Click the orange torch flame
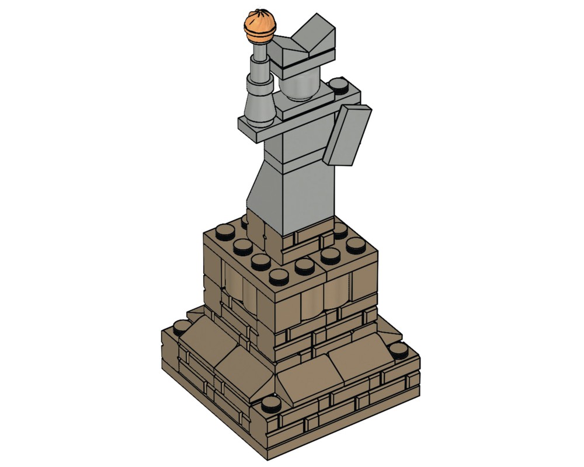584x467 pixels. pos(259,27)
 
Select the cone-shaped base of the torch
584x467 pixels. pos(258,105)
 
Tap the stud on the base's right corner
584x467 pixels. pos(398,350)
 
